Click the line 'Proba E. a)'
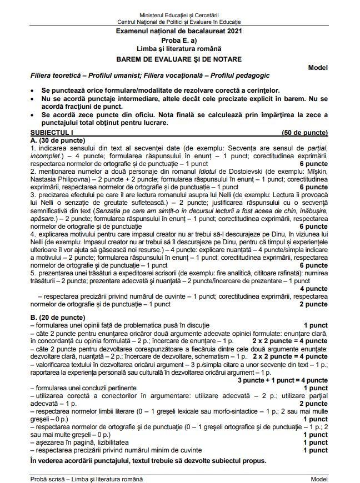(179, 41)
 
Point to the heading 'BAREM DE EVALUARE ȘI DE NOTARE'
(179, 58)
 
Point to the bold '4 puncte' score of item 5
(313, 289)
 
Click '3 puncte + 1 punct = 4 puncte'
(282, 380)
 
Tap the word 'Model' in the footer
(319, 479)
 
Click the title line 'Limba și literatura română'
(179, 49)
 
